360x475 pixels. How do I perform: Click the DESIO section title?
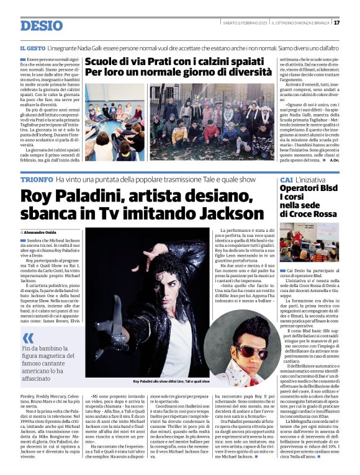[x=41, y=25]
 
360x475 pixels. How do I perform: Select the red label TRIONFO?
[x=36, y=179]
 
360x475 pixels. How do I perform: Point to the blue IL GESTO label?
[x=32, y=48]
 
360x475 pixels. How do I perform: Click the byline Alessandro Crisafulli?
[x=47, y=231]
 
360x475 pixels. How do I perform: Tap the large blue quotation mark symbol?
[x=28, y=339]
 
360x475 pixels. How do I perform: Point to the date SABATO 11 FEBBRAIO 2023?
[x=245, y=23]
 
